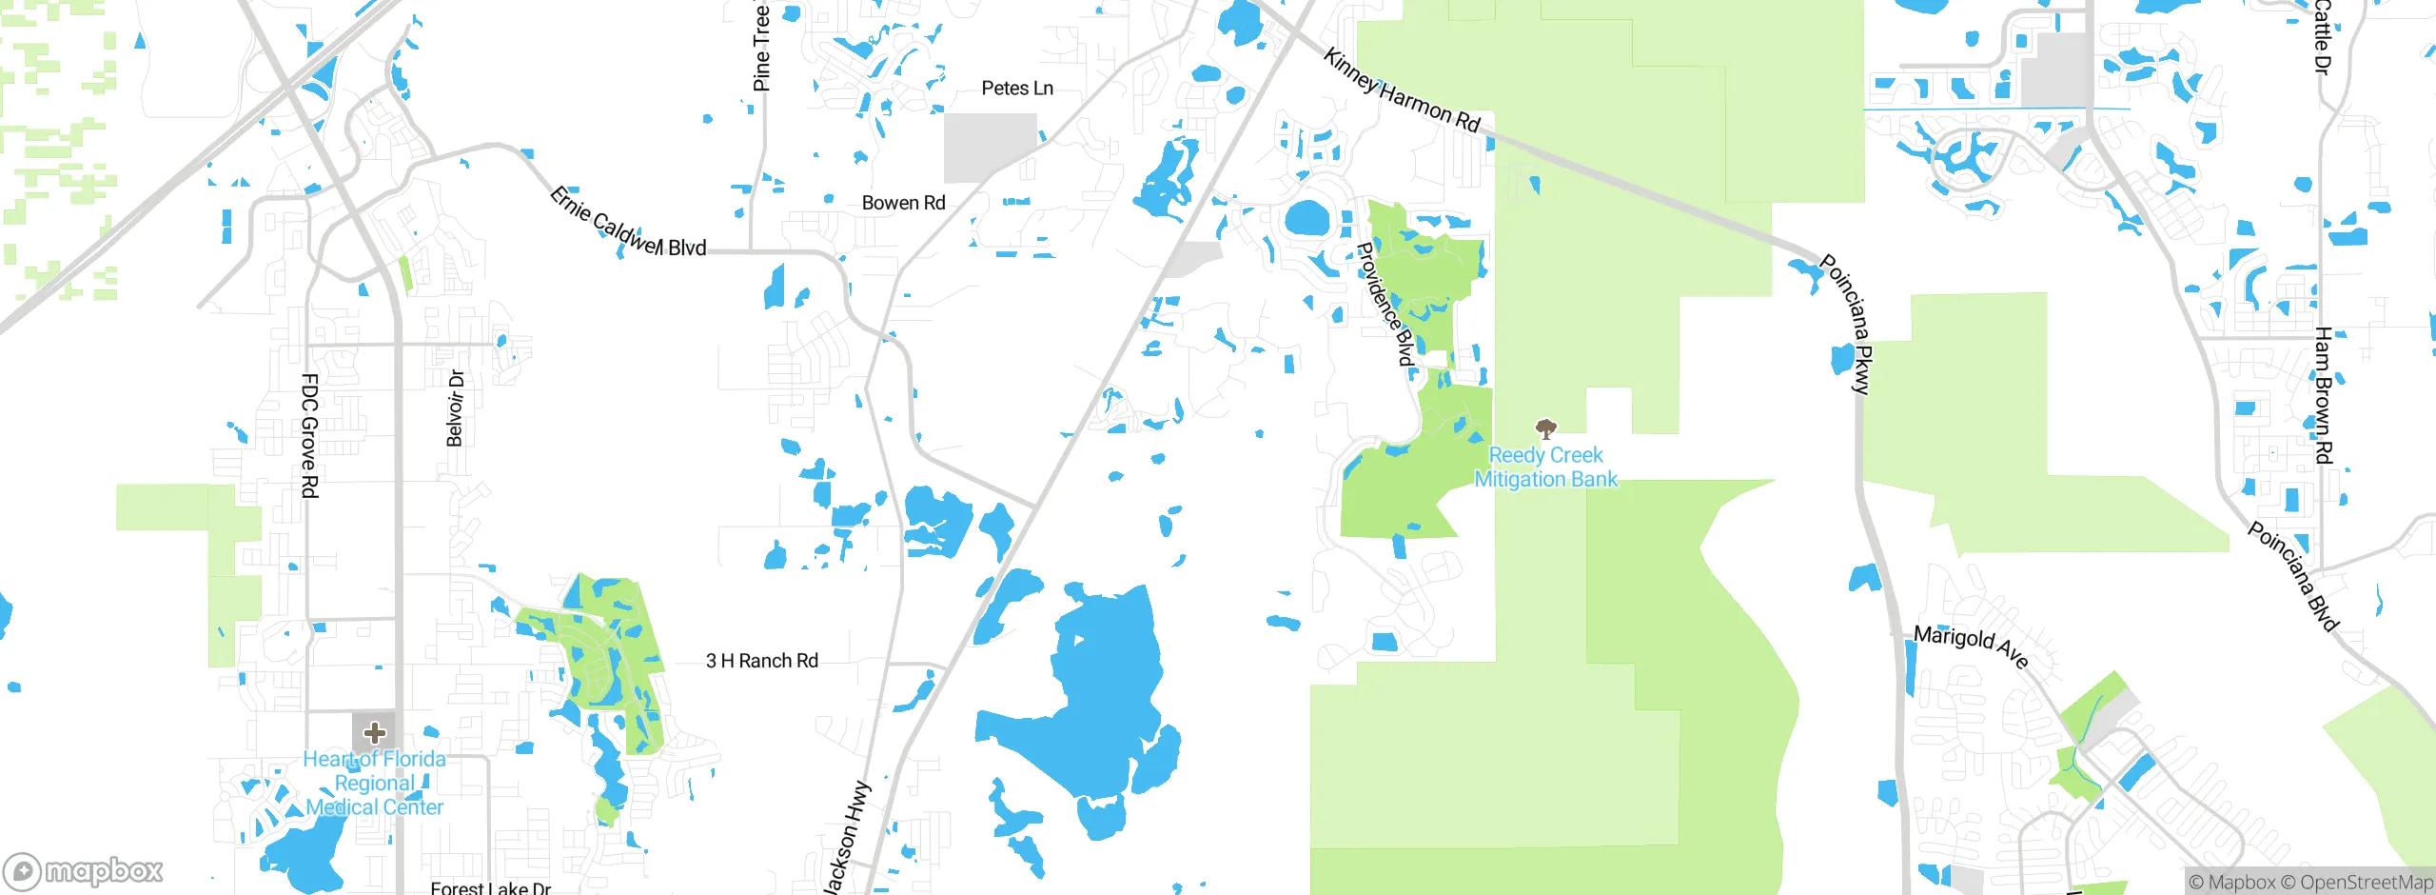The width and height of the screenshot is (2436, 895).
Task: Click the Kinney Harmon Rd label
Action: coord(1402,91)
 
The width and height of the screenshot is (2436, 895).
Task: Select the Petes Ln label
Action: coord(1017,89)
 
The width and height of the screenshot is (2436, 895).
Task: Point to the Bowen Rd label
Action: coord(903,203)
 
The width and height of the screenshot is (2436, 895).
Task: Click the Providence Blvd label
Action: coord(1385,304)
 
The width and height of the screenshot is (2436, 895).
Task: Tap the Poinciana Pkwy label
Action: coord(1847,324)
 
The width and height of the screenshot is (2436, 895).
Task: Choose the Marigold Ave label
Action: coord(1971,646)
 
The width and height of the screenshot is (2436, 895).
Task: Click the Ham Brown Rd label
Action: coord(2324,395)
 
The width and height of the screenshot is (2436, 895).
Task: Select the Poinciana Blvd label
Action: coord(2293,576)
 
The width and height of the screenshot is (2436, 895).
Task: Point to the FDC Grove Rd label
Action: coord(309,435)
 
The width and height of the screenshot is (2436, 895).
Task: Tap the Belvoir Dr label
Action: coord(456,408)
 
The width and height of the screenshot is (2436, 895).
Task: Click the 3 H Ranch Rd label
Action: coord(762,661)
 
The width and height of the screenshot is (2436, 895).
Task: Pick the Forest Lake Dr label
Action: coord(491,887)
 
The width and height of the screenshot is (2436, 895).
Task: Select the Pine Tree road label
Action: coord(761,48)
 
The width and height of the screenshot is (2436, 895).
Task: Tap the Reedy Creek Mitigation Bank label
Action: coord(1545,467)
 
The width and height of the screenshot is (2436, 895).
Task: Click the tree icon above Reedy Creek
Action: coord(1546,428)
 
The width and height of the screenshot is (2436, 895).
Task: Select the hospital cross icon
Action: coord(375,732)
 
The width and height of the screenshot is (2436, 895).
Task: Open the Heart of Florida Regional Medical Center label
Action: coord(375,784)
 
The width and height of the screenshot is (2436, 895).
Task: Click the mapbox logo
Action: coord(84,870)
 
